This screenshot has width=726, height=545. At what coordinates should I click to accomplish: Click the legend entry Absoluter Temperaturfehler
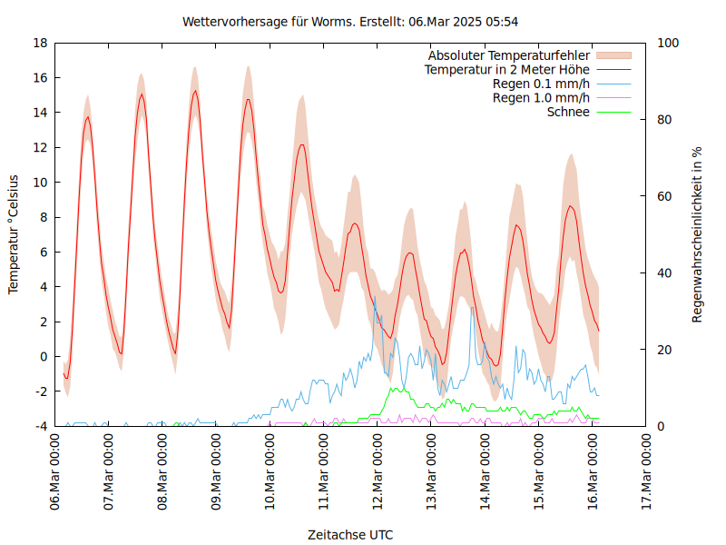click(x=508, y=55)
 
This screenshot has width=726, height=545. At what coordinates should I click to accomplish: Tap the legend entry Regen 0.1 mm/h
click(x=541, y=84)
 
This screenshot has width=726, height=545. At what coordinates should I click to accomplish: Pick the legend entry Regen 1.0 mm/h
click(x=541, y=98)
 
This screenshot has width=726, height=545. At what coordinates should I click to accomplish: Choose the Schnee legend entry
click(x=568, y=112)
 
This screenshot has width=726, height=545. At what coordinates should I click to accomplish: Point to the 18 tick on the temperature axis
click(x=40, y=43)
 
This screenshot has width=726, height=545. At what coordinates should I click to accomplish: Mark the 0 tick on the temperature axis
click(x=43, y=356)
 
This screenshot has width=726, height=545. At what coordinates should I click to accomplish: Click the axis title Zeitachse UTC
click(x=350, y=534)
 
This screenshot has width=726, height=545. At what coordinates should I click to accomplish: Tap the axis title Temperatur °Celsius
click(x=14, y=234)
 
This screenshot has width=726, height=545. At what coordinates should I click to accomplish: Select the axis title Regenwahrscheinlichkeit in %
click(x=698, y=234)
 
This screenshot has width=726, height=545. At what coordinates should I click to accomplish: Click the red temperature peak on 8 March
click(x=194, y=91)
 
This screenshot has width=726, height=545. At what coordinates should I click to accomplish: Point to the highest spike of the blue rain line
click(x=374, y=296)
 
